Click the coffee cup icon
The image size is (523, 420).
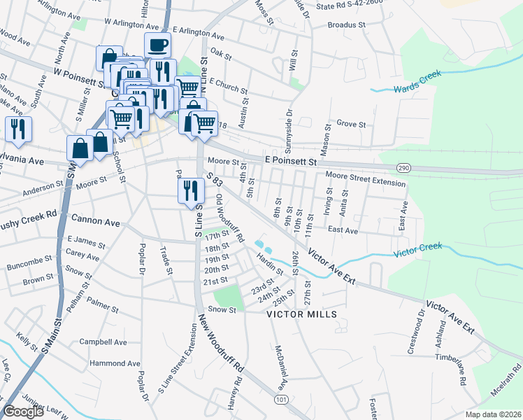(158, 46)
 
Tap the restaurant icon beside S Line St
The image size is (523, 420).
(191, 190)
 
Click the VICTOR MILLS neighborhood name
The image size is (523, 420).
(301, 314)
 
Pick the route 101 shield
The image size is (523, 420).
(280, 399)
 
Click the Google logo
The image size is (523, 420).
(23, 412)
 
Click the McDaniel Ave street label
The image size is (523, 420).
(279, 367)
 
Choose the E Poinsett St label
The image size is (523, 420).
(291, 160)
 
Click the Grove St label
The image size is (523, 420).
(352, 124)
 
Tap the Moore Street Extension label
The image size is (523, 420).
(365, 183)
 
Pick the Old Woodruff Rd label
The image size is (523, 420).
(229, 219)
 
